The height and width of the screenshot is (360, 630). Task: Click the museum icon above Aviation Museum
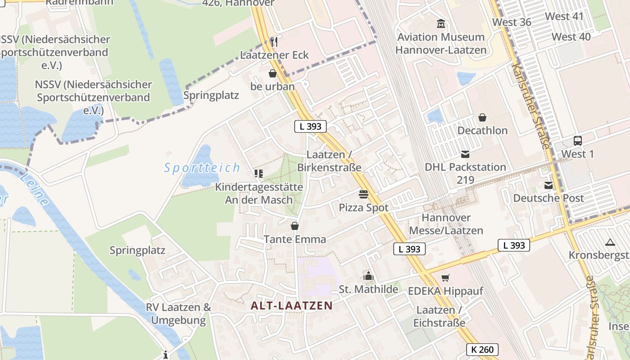441,23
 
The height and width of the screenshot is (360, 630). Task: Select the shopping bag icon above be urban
273,73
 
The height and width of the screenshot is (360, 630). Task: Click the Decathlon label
482,130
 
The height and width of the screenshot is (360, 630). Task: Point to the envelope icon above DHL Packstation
465,154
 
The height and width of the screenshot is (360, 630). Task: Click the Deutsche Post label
549,198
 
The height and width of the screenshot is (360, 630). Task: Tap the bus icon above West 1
577,140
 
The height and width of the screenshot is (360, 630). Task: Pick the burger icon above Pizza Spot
364,194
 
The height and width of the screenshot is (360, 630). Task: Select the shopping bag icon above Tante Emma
295,226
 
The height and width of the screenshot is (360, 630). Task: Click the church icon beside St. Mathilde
369,276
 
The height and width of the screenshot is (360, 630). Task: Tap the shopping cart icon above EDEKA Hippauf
445,278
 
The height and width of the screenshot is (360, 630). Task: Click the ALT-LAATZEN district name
292,306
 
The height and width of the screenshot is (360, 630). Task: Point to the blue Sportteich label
202,168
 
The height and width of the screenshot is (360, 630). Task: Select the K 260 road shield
482,349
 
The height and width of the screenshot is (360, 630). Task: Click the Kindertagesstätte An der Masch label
259,193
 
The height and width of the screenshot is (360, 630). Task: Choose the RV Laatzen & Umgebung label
179,314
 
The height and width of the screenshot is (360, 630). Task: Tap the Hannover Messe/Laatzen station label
446,224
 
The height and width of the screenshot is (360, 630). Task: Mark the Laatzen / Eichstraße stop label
439,316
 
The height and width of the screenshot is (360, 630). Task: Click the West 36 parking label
512,22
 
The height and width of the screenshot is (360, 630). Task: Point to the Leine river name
34,189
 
